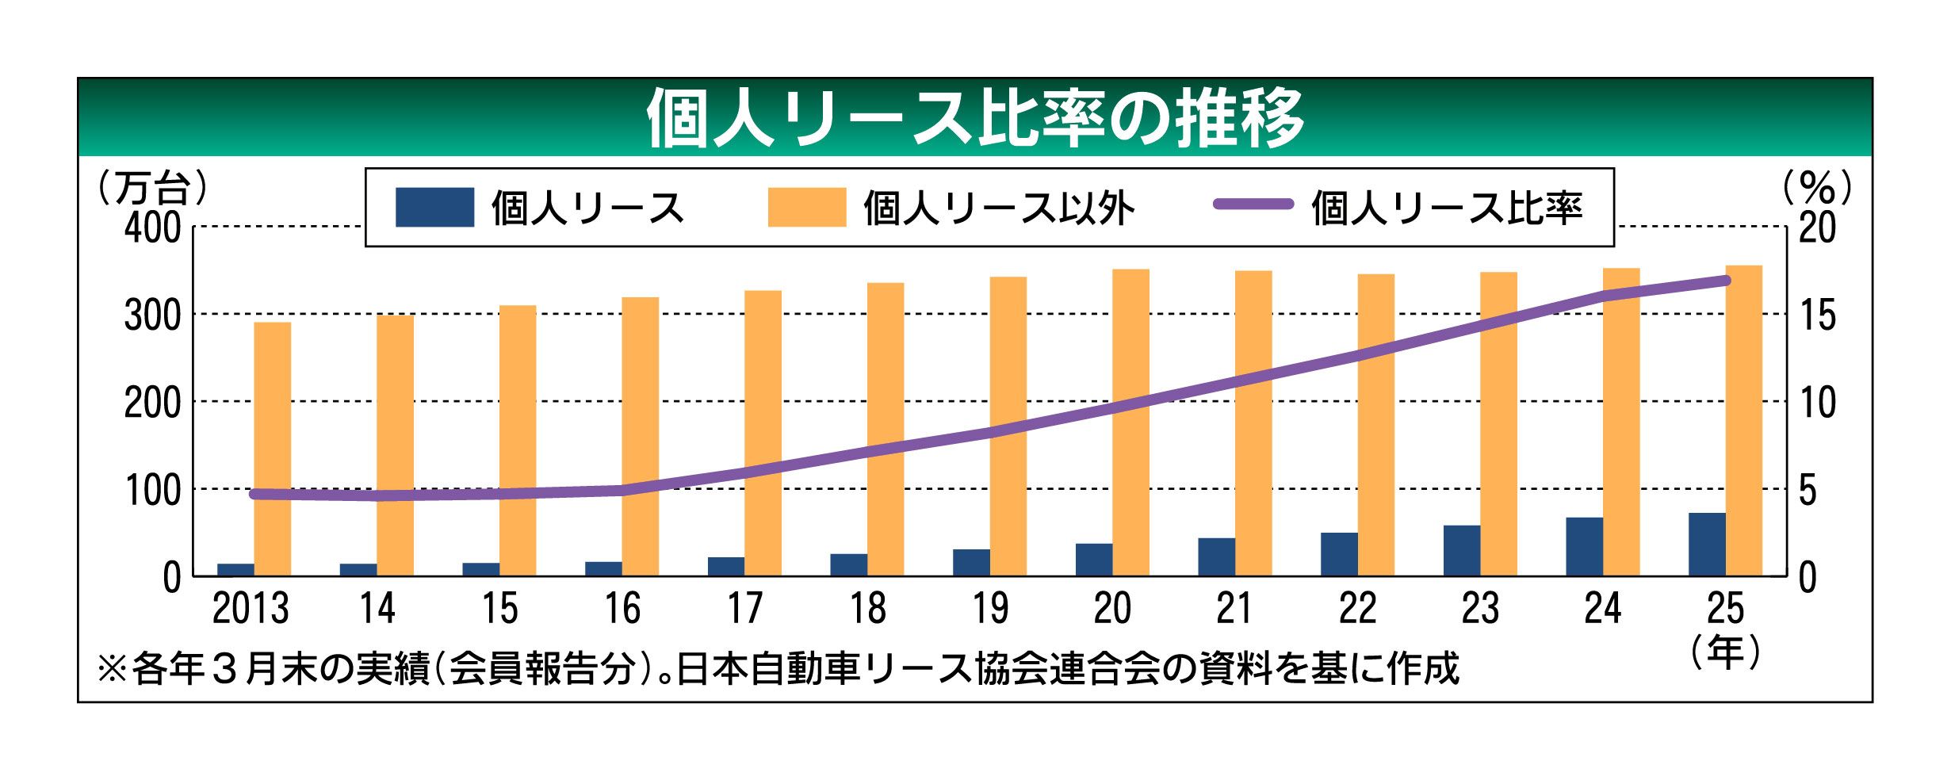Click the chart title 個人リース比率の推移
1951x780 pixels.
tap(974, 118)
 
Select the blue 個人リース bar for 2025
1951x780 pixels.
tap(1706, 545)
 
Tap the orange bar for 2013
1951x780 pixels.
tap(272, 449)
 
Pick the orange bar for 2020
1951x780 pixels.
tap(1130, 422)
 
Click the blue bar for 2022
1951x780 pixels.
tap(1339, 554)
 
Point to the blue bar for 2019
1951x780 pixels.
tap(971, 562)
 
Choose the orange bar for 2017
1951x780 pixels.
tap(763, 433)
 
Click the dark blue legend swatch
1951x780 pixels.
tap(434, 208)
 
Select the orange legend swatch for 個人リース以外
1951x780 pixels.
tap(806, 208)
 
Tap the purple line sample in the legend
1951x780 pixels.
tap(1253, 205)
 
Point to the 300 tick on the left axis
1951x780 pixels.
tap(153, 315)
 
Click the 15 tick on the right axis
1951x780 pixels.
tap(1817, 315)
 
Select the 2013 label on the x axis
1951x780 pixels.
tap(251, 609)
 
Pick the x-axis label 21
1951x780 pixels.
tap(1234, 609)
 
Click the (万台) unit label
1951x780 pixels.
tap(152, 188)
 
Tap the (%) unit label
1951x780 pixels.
tap(1817, 188)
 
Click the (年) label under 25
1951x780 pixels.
tap(1725, 652)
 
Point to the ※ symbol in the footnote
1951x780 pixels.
tap(112, 668)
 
